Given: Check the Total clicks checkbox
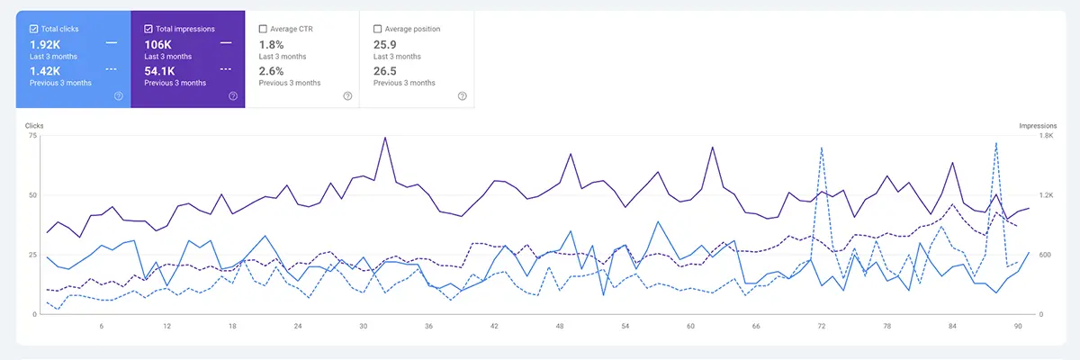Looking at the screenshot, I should (33, 29).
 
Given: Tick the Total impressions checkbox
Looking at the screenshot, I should (148, 29).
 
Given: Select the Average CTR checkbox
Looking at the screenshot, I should (263, 29).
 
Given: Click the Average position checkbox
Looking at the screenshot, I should (377, 29).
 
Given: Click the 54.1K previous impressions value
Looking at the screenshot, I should (163, 70).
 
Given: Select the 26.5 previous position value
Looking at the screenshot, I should (386, 70).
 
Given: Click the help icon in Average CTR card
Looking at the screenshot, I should (347, 96).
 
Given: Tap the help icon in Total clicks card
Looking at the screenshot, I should (119, 96).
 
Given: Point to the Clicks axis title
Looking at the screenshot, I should (35, 126).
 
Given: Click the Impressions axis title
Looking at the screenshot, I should (1037, 126).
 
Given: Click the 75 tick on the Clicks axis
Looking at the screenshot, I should (33, 136).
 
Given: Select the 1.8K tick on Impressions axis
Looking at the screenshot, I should (1047, 136).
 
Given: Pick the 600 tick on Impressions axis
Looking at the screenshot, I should (1045, 255).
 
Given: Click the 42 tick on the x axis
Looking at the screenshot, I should (494, 327).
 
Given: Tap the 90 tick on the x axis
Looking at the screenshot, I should (1018, 327).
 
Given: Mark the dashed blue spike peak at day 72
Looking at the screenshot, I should (822, 148).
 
